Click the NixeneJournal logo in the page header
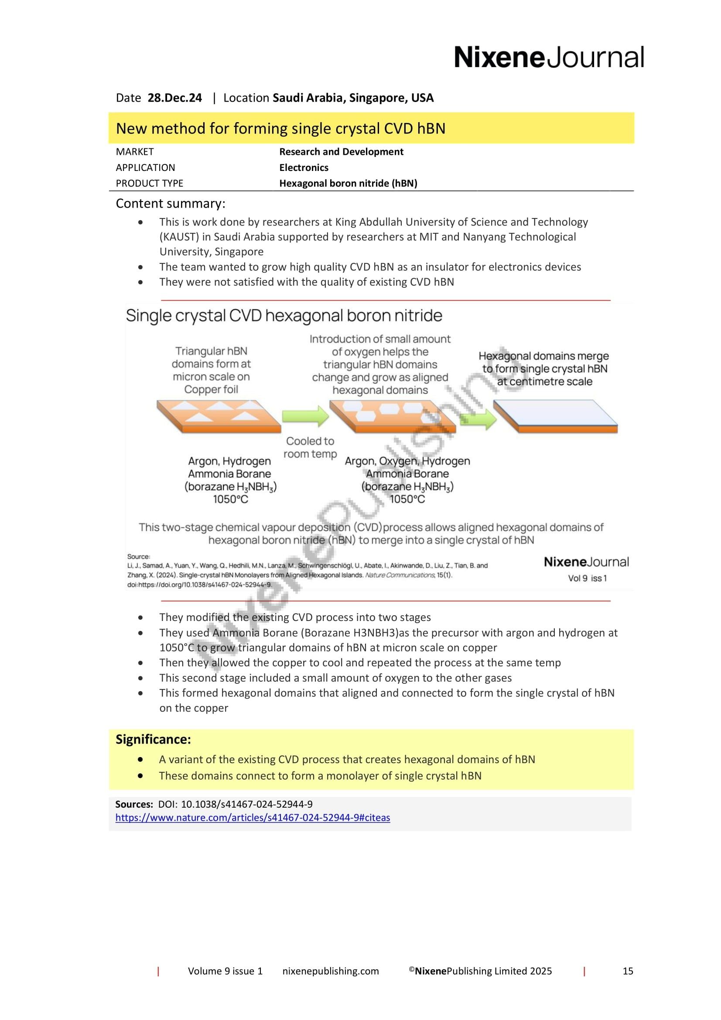tap(548, 57)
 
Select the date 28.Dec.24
tap(174, 98)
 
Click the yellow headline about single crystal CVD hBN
tap(280, 128)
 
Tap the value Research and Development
tap(341, 151)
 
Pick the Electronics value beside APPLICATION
tap(304, 167)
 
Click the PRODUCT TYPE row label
tap(149, 183)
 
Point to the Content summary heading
tap(170, 204)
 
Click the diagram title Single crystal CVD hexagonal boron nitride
tap(284, 315)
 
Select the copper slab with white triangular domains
tap(219, 416)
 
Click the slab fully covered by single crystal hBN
tap(555, 416)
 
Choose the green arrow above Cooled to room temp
tap(305, 416)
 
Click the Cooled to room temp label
tap(310, 447)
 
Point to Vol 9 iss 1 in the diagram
tap(587, 578)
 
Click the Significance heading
tap(153, 739)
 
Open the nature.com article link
tap(252, 817)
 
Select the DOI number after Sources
tap(246, 804)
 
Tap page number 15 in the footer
tap(627, 971)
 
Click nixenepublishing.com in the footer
tap(331, 971)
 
